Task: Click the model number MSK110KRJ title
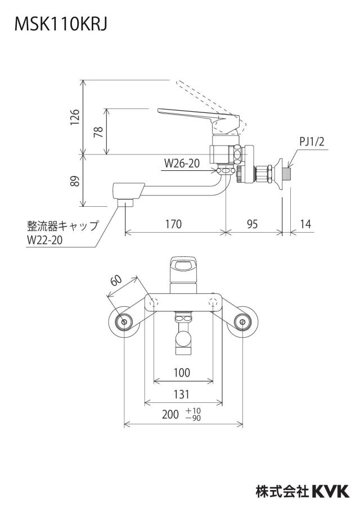point(61,24)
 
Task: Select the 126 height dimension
point(75,117)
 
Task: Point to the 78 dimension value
point(98,131)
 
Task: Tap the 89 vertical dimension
point(75,181)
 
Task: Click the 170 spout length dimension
point(173,224)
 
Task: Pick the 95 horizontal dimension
point(252,224)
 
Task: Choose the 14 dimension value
point(305,224)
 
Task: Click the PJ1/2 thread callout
point(312,142)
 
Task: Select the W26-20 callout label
point(182,164)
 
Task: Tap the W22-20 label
point(45,240)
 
